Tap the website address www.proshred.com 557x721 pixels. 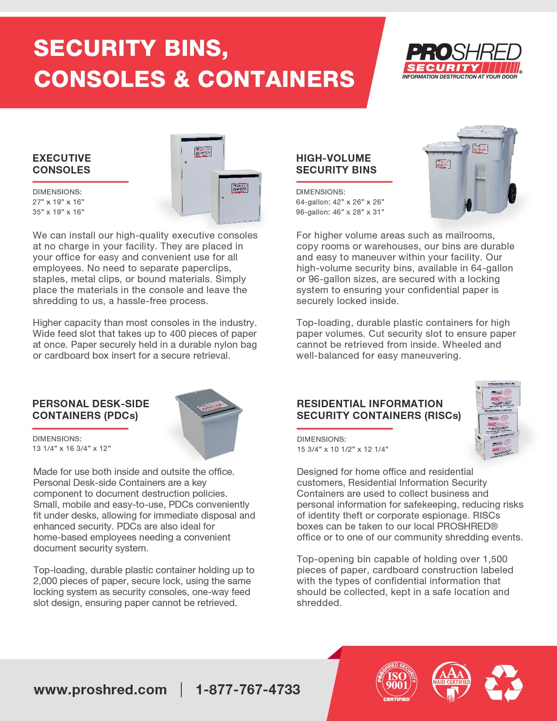(100, 690)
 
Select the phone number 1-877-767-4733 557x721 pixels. (248, 690)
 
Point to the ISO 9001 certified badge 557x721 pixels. (397, 682)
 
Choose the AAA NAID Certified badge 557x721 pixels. (451, 682)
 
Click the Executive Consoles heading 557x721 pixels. (62, 164)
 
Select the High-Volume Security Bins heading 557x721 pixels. (336, 164)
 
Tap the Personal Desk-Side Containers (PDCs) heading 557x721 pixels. (90, 409)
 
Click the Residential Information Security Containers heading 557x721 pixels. (378, 409)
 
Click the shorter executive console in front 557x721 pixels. (236, 197)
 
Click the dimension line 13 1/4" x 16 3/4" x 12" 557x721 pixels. (72, 448)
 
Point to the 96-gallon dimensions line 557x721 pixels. (340, 212)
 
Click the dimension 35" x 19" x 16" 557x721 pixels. (58, 212)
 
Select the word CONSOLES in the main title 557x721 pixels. (100, 79)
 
